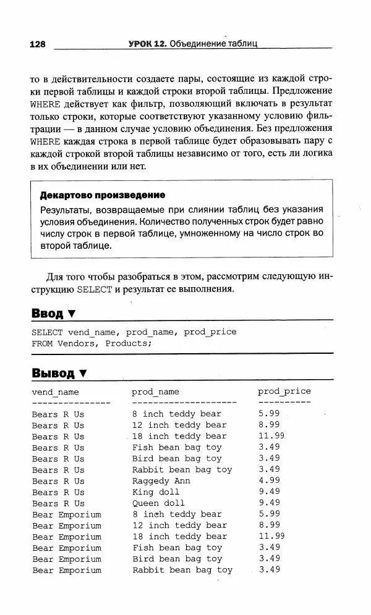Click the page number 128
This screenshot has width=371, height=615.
coord(37,44)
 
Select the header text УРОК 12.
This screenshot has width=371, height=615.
coord(147,44)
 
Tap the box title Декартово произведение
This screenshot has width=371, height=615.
coord(102,196)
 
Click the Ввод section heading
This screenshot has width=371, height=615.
coord(48,314)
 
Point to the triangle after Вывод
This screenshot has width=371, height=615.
coord(82,373)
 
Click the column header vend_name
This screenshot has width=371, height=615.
coord(56,392)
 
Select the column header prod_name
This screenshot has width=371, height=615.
coord(155,392)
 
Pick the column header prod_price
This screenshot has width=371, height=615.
coord(284,391)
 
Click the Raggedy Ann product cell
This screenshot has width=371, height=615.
coord(161,481)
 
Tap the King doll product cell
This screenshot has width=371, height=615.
coord(156,492)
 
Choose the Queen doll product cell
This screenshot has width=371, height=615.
coord(158,503)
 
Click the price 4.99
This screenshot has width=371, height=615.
coord(269,480)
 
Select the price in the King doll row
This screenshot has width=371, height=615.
coord(269,492)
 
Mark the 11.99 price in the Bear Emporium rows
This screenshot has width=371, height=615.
coord(271,536)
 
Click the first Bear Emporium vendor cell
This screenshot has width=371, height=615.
coord(66,514)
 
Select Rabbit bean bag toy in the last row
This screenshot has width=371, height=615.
coord(182,570)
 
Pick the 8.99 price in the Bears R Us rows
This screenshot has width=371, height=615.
coord(269,425)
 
